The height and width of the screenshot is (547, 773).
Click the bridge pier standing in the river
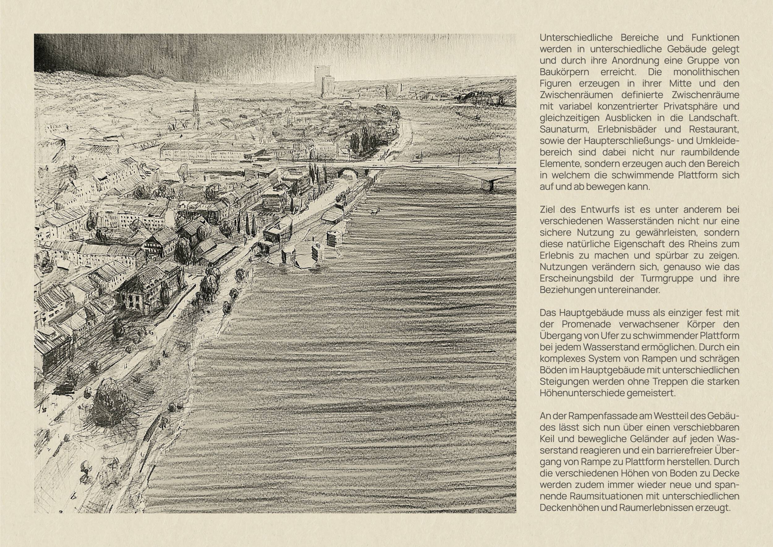coord(490,185)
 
